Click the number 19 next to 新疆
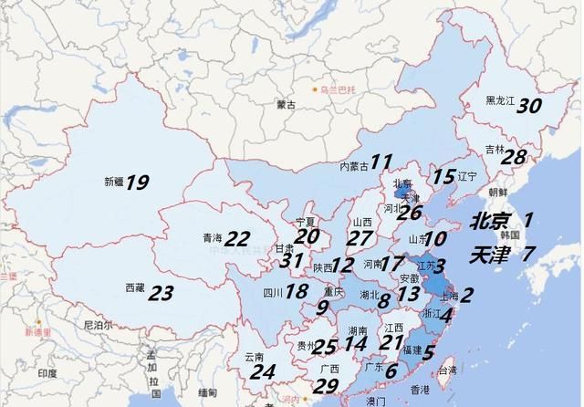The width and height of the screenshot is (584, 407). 137,183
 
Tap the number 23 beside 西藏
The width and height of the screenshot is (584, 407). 161,293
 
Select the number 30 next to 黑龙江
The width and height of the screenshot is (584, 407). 529,105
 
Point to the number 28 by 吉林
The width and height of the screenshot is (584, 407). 515,156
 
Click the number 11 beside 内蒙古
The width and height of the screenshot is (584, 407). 381,161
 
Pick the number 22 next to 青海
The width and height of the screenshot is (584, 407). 237,239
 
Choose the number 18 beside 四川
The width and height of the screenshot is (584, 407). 297,292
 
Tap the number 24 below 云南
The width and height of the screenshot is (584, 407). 263,371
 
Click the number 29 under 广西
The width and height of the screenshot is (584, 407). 326,385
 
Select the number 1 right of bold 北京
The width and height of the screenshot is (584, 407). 527,219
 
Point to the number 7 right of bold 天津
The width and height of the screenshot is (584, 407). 527,254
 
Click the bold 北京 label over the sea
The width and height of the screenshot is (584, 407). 492,221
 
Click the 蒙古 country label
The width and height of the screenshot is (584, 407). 286,105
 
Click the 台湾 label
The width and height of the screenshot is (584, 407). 447,371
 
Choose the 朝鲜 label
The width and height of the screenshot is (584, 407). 497,193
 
